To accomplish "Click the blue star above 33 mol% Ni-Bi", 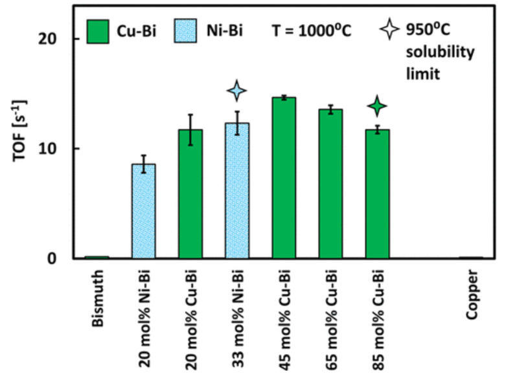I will (237, 91).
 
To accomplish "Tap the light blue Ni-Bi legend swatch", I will (187, 29).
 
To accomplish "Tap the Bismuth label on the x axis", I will (98, 291).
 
